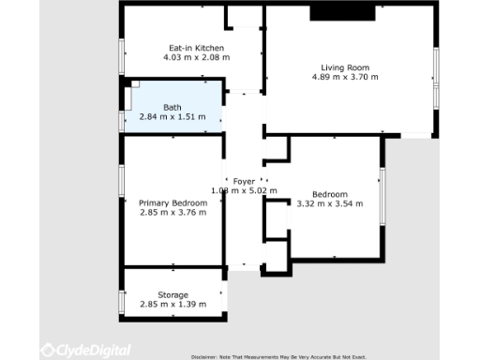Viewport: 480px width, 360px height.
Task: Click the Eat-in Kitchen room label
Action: coord(196,48)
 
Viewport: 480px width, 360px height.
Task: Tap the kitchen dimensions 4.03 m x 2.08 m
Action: coord(196,58)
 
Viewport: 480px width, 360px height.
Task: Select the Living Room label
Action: coord(345,67)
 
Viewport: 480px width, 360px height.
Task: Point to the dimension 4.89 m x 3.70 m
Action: coord(345,78)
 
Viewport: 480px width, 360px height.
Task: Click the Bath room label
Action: coord(172,108)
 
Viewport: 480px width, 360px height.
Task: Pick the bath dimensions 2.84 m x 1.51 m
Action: coord(172,118)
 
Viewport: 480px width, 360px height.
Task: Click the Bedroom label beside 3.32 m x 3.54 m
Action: coord(330,194)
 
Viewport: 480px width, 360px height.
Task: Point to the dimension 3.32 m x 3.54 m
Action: coord(330,203)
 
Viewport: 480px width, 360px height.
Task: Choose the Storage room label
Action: coord(172,295)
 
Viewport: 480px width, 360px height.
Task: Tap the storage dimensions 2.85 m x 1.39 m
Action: coord(172,305)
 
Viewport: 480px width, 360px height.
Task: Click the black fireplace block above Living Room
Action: coord(343,11)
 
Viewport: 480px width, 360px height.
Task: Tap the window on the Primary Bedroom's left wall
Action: coord(122,180)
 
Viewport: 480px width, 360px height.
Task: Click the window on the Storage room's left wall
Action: coord(122,300)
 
